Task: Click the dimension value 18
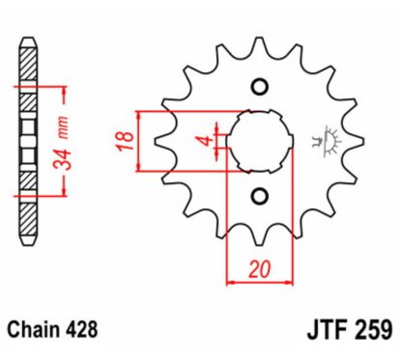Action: (124, 140)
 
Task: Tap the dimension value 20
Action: (258, 269)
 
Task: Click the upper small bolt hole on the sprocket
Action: (258, 88)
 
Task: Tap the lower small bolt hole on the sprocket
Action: (258, 197)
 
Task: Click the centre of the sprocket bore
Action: (258, 142)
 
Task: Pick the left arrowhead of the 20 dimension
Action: (230, 283)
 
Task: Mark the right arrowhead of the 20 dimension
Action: (287, 283)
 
